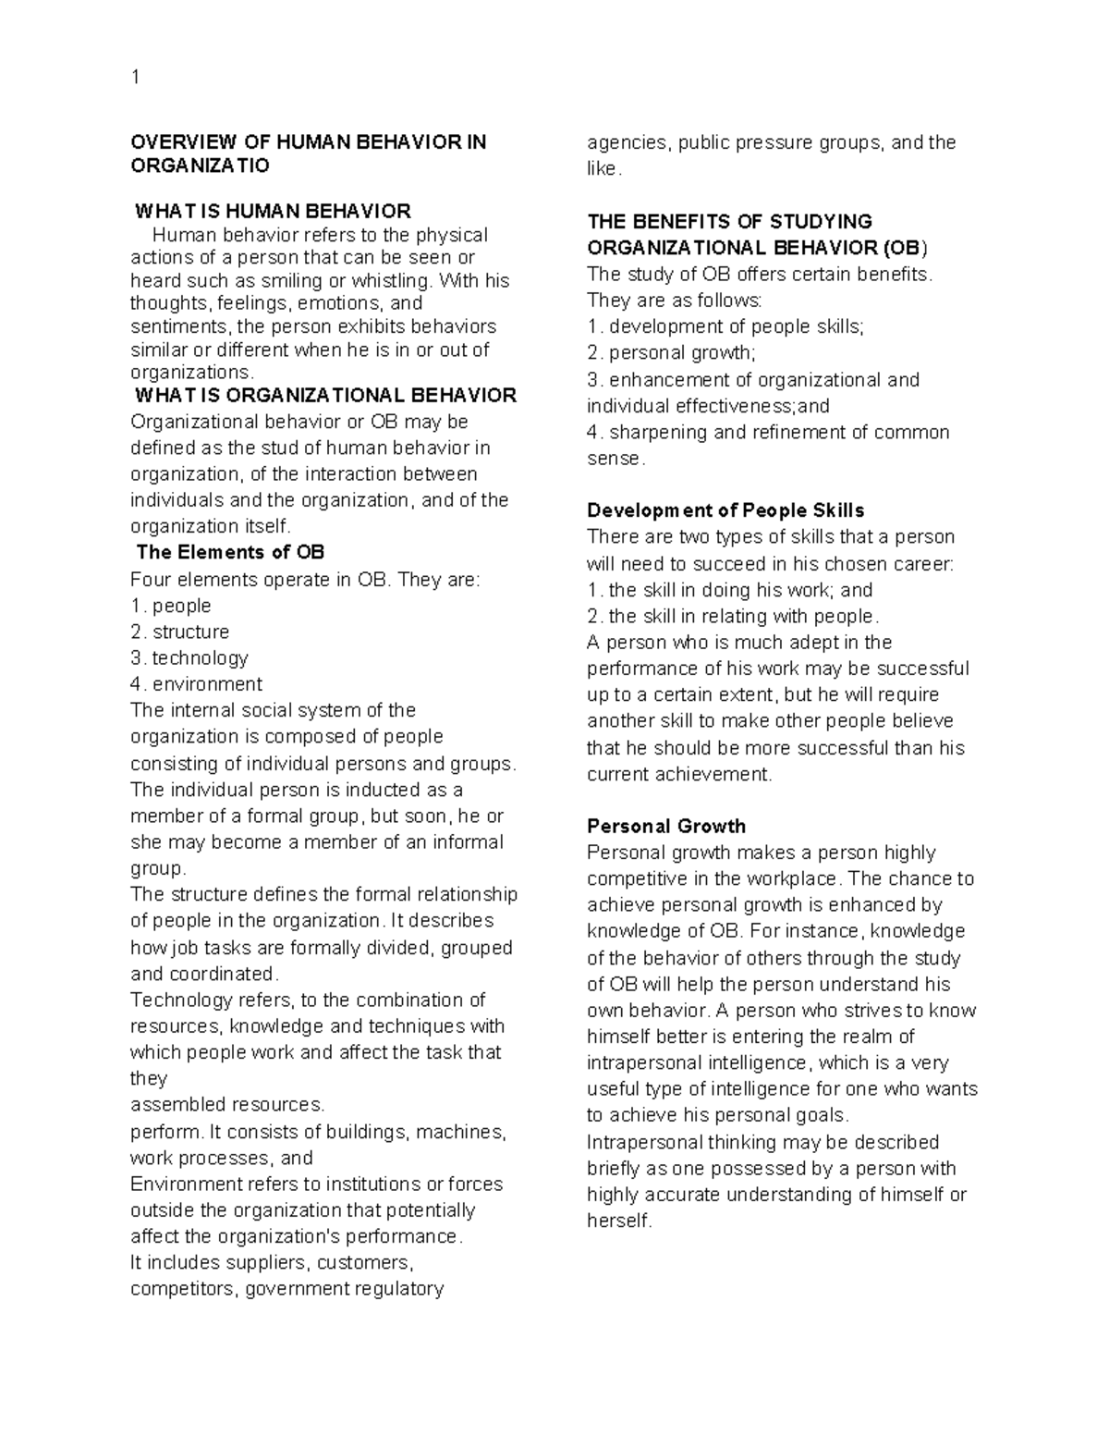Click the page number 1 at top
tap(136, 78)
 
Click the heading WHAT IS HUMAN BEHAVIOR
tap(273, 211)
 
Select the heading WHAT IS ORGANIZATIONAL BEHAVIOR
tap(325, 396)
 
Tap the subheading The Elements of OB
tap(230, 553)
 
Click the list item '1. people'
tap(171, 606)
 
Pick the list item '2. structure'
tap(180, 632)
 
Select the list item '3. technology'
tap(189, 658)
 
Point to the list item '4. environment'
tap(197, 684)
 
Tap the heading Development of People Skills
tap(725, 510)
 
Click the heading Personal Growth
tap(665, 827)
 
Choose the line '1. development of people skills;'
tap(725, 326)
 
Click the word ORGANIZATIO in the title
tap(200, 166)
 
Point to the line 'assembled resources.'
tap(227, 1105)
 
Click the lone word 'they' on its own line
tap(149, 1078)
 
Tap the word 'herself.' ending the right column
tap(619, 1221)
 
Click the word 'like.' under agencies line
tap(604, 169)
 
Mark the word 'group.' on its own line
tap(158, 868)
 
